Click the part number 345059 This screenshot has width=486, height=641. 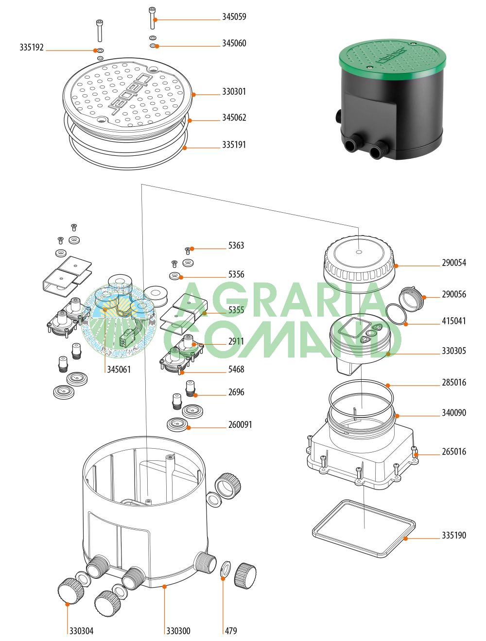(x=234, y=17)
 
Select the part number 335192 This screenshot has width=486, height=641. (x=32, y=48)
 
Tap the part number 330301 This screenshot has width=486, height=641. (x=234, y=91)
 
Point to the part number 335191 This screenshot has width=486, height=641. (x=234, y=145)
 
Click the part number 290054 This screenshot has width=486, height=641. (x=453, y=263)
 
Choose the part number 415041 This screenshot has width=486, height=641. (x=453, y=321)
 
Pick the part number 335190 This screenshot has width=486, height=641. (x=453, y=535)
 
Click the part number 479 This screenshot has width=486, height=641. (x=231, y=631)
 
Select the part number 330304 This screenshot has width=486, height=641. (x=81, y=631)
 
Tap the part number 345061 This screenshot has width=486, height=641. (x=119, y=370)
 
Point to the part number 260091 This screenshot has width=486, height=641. (x=240, y=424)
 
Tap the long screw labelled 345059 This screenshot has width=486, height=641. (x=153, y=18)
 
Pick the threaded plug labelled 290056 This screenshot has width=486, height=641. (x=412, y=299)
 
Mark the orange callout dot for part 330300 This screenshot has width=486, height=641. (x=165, y=587)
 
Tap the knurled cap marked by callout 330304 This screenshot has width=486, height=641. (x=70, y=591)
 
